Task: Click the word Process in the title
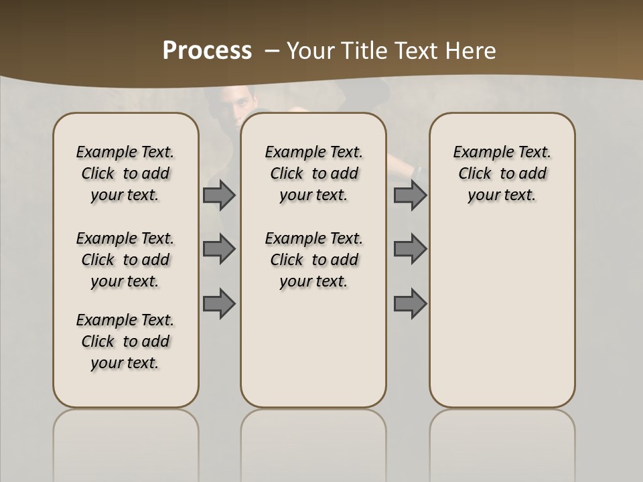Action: [207, 51]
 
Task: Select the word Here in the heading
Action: [472, 51]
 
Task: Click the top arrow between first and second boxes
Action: [219, 195]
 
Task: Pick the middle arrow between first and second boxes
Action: [219, 249]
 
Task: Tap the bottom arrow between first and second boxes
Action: [219, 303]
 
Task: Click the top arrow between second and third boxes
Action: [410, 195]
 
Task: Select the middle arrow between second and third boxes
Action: [410, 249]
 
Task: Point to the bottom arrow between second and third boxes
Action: [410, 303]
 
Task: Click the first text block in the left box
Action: [125, 173]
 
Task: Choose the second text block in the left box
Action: [125, 260]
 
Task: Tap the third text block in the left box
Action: [125, 341]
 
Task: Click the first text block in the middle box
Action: [314, 173]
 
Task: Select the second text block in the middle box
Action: [314, 260]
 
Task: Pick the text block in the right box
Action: [502, 173]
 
